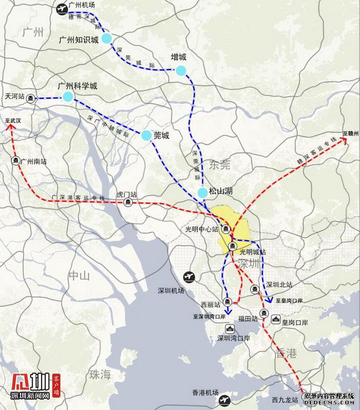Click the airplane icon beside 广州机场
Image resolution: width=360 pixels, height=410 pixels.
(x=62, y=8)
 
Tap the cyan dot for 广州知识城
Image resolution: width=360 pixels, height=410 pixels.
(x=106, y=38)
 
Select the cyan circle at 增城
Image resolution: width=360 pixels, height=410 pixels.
(x=181, y=70)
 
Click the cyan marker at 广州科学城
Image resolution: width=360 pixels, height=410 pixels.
(x=68, y=96)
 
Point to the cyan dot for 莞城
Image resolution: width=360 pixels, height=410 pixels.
(x=146, y=135)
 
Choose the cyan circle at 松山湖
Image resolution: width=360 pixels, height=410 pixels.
(x=203, y=192)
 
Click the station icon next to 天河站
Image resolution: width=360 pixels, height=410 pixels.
(x=31, y=97)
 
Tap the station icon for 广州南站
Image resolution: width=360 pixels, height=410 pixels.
(x=16, y=160)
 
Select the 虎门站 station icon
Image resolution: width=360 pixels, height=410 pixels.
(x=127, y=202)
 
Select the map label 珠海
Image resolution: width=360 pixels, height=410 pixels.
(x=99, y=374)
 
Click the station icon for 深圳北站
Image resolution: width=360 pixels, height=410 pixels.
(x=254, y=290)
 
